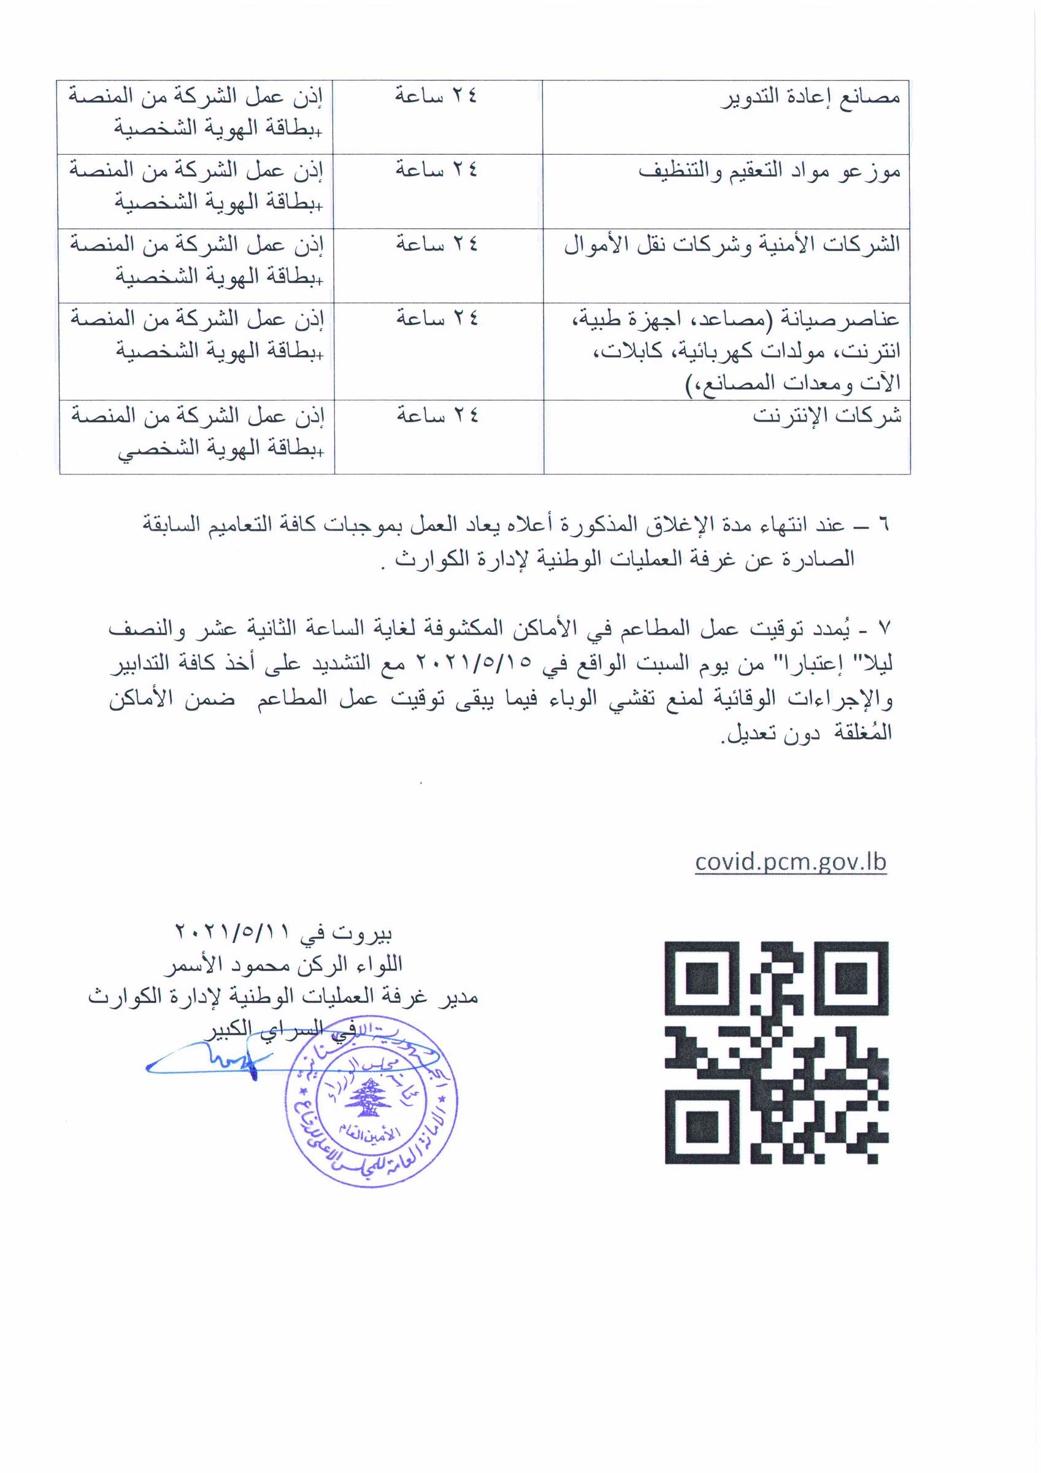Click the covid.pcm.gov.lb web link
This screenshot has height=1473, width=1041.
point(790,861)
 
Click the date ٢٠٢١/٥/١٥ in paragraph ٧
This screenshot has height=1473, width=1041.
point(474,663)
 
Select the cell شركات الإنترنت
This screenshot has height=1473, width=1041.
point(827,416)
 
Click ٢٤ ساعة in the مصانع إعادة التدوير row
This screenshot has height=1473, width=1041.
point(436,96)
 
